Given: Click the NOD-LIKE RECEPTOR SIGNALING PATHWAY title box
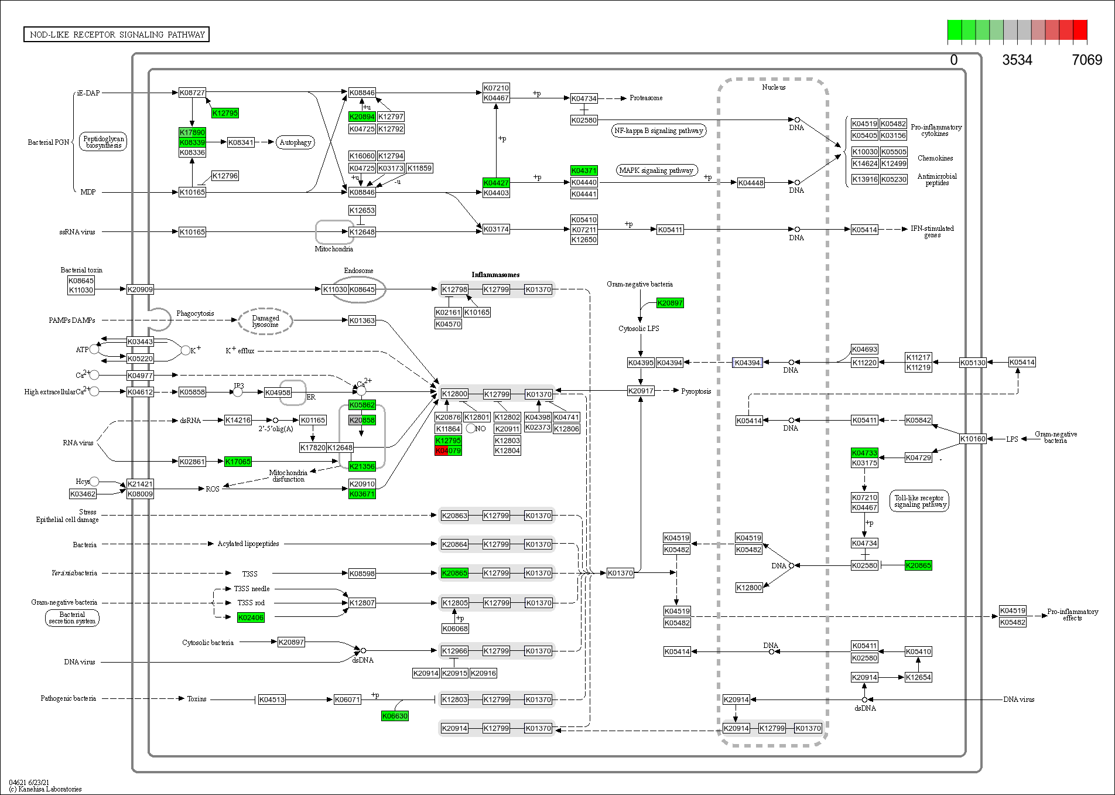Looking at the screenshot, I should point(117,35).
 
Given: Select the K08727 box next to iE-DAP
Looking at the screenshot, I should point(192,93).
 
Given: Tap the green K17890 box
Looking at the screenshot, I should point(192,132).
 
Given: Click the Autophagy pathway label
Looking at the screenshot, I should point(295,142).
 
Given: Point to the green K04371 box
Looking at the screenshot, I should point(584,170).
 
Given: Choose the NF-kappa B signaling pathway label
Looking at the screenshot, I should point(658,131).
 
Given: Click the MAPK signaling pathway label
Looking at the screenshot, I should point(656,170).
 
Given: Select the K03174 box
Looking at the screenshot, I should point(496,229).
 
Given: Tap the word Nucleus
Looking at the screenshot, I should point(774,87).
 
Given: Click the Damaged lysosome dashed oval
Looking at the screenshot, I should point(265,321).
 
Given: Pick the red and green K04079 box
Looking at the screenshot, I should point(448,451).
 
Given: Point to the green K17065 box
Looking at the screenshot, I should point(238,462).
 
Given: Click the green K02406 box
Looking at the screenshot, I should point(251,617).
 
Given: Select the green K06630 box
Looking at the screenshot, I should point(395,716).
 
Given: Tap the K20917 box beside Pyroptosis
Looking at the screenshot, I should point(641,391).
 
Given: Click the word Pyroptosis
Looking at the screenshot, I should point(696,391).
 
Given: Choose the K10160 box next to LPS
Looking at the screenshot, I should point(973,439).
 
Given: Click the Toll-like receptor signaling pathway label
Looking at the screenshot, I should point(919,501).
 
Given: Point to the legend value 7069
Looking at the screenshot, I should point(1087,60).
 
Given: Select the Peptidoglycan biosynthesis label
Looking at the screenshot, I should point(103,142).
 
